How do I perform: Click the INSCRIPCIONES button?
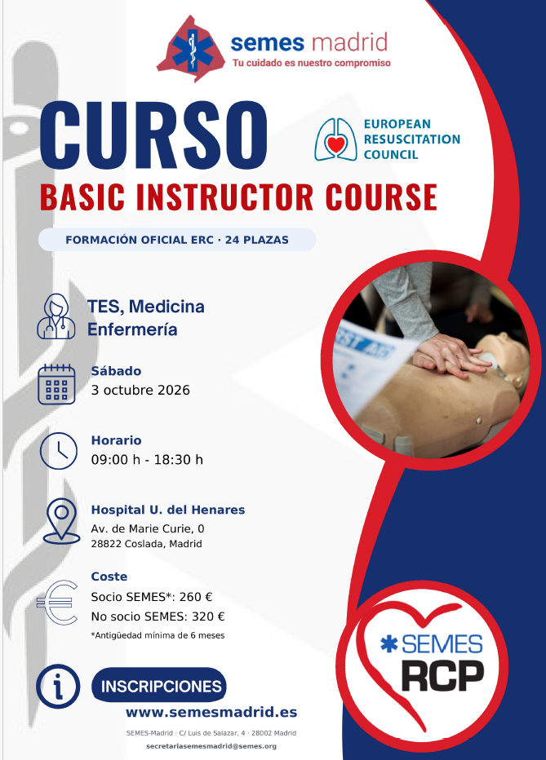point(159,685)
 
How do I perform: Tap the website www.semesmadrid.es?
point(211,712)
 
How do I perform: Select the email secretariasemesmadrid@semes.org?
point(211,746)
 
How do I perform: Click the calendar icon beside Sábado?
point(57,384)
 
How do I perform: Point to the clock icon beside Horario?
point(58,451)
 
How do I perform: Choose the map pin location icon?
point(61,521)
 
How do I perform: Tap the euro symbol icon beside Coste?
point(58,603)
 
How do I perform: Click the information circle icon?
point(58,687)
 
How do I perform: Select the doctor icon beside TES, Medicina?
point(56,316)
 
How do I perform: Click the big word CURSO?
point(153,136)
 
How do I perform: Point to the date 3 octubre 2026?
point(140,390)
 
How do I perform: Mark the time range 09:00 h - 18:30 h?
point(147,459)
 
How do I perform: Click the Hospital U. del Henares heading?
point(168,510)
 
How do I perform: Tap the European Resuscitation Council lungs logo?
point(335,139)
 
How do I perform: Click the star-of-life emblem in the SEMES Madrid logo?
point(193,50)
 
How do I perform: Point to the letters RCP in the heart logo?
point(442,675)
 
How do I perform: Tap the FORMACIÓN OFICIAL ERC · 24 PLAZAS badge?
point(177,240)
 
